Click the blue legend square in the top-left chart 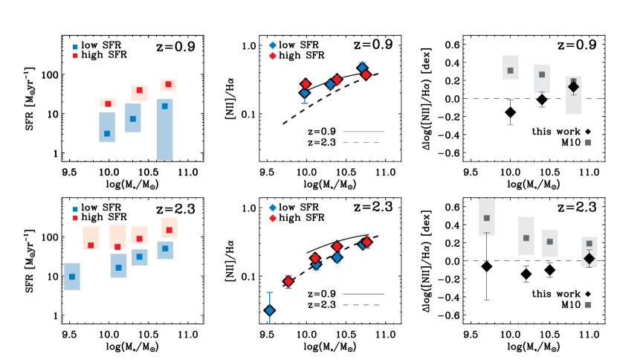click(75, 47)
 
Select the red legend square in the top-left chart click(75, 56)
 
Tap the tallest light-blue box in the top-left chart click(165, 129)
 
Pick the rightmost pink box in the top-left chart click(168, 86)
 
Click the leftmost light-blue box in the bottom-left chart click(72, 277)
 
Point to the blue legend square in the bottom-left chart click(75, 210)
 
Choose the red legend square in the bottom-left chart click(75, 218)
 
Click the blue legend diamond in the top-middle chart click(272, 45)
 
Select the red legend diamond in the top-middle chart click(272, 56)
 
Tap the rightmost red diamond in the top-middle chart click(366, 74)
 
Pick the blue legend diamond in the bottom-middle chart click(272, 208)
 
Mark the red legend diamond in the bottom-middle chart click(272, 218)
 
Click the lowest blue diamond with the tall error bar click(269, 310)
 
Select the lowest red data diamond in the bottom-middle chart click(288, 281)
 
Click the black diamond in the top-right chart click(573, 87)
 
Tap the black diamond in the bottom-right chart click(589, 258)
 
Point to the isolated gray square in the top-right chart click(588, 142)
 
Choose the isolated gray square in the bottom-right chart click(588, 304)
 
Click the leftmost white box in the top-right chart click(511, 67)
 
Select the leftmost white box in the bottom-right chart click(487, 216)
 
